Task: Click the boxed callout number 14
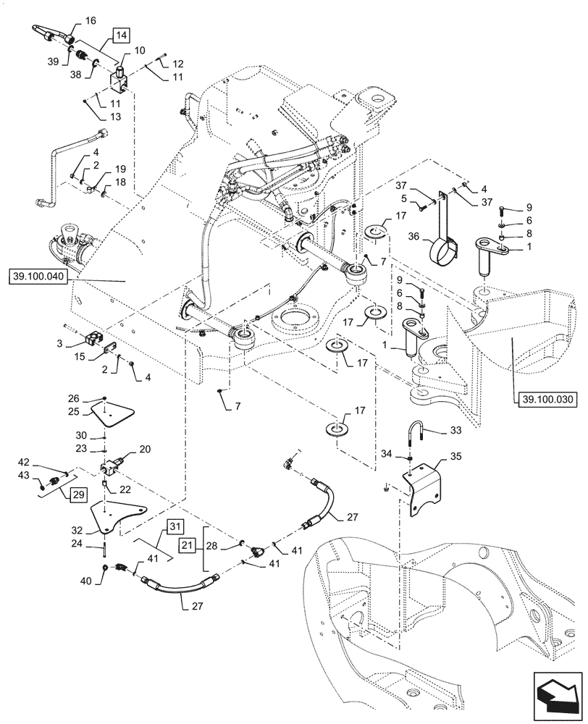(121, 35)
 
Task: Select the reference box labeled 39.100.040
(38, 276)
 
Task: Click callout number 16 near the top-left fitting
(90, 22)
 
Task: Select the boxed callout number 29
(79, 494)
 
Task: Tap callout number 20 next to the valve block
(144, 449)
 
